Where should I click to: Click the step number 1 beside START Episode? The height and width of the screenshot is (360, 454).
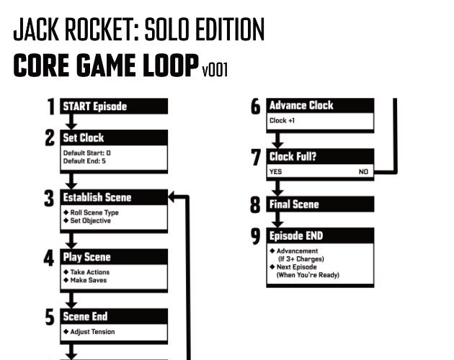click(50, 107)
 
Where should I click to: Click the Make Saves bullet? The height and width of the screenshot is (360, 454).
click(89, 280)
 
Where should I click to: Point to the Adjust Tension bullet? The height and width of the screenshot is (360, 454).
click(92, 332)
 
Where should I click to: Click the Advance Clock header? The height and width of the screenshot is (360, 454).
click(320, 106)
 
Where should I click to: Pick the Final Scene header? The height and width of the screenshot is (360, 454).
click(320, 204)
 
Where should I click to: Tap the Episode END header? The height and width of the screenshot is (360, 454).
click(320, 235)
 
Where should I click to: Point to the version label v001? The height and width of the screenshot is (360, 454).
click(215, 70)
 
